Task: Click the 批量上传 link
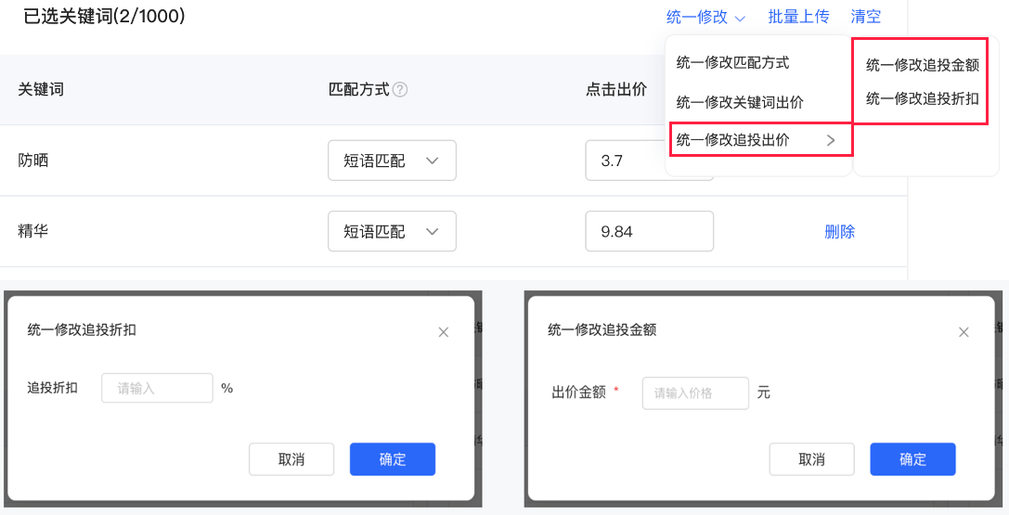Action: pyautogui.click(x=798, y=17)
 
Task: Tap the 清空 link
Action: pyautogui.click(x=865, y=17)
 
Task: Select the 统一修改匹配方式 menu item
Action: pyautogui.click(x=732, y=63)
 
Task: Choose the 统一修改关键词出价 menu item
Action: pyautogui.click(x=740, y=102)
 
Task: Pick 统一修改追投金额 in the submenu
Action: pyautogui.click(x=922, y=65)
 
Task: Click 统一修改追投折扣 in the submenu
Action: pyautogui.click(x=922, y=97)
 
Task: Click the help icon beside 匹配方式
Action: pyautogui.click(x=400, y=90)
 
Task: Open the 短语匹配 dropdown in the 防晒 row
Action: pyautogui.click(x=392, y=161)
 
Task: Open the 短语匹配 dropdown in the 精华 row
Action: pyautogui.click(x=392, y=231)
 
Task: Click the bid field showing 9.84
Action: pyautogui.click(x=649, y=231)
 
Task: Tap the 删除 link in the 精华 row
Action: pyautogui.click(x=839, y=232)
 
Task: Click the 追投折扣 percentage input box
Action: pyautogui.click(x=158, y=388)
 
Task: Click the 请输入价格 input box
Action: pyautogui.click(x=694, y=393)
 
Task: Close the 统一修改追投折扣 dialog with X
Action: pyautogui.click(x=444, y=332)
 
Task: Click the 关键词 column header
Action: pyautogui.click(x=41, y=90)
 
